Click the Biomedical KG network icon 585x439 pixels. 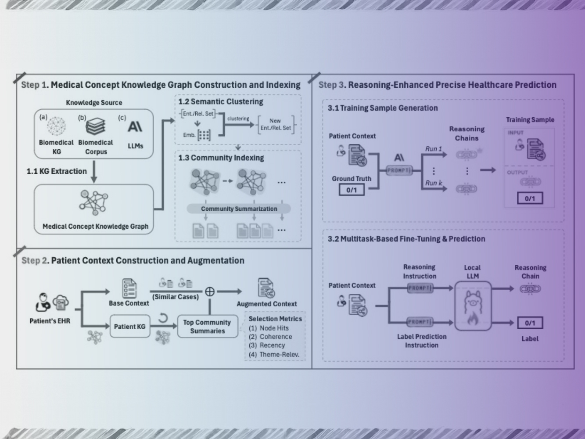[x=56, y=126]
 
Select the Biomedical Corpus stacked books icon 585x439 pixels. [x=95, y=127]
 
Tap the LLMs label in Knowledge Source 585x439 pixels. [x=135, y=146]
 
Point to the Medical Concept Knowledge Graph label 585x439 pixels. [x=95, y=227]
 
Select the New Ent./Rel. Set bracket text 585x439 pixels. [x=275, y=124]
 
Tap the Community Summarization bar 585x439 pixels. [x=239, y=209]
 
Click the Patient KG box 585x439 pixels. [x=129, y=327]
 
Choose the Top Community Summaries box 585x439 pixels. [x=207, y=327]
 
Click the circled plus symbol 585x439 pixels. [x=210, y=291]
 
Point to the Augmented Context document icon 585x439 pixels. [x=266, y=288]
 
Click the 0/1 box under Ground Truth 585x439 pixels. [x=352, y=190]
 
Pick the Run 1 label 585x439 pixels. [x=433, y=149]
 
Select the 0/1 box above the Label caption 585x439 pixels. [x=530, y=323]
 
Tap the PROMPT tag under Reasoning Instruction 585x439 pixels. [x=420, y=288]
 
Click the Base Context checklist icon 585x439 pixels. [x=129, y=288]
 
